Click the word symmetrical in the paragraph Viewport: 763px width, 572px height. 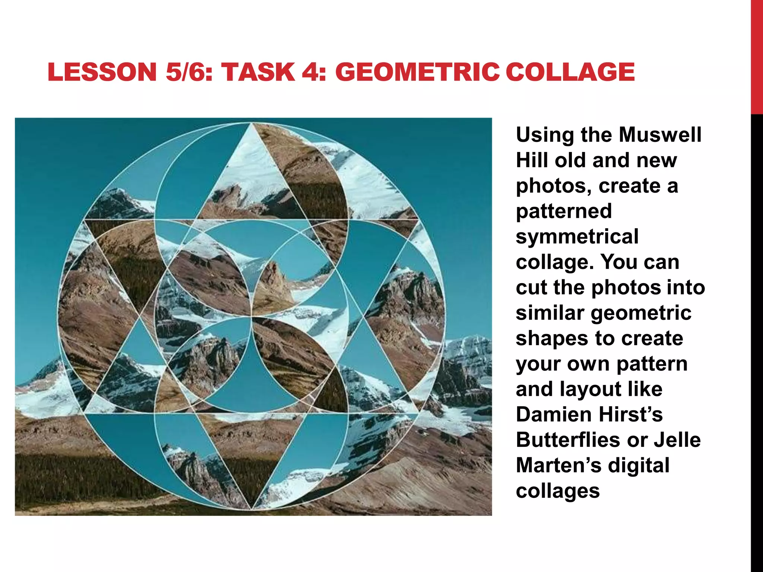[577, 236]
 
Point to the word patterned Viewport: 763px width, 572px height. [564, 211]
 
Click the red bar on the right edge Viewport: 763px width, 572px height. [757, 56]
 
